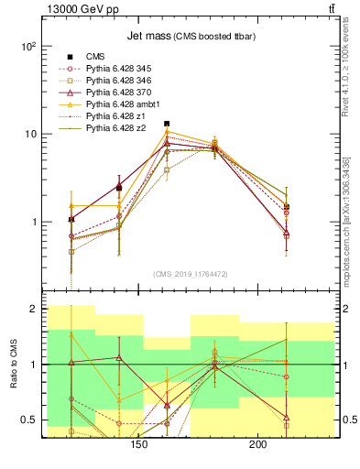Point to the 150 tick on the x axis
(x=138, y=445)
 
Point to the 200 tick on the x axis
(x=257, y=445)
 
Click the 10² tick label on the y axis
(x=27, y=46)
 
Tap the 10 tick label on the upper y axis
(x=29, y=134)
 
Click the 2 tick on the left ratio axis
(x=32, y=310)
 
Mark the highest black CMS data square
(x=167, y=124)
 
